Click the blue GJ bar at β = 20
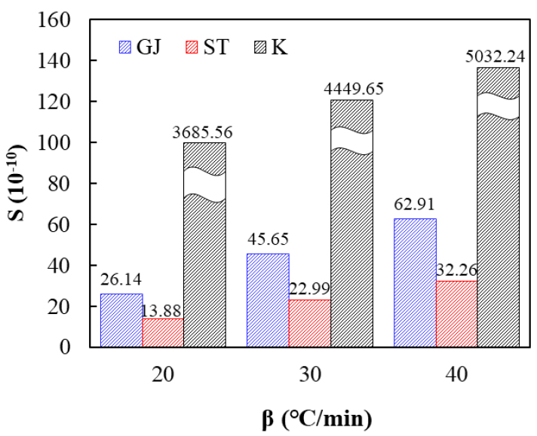[121, 320]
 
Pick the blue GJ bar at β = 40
[415, 282]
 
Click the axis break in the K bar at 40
[499, 105]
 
